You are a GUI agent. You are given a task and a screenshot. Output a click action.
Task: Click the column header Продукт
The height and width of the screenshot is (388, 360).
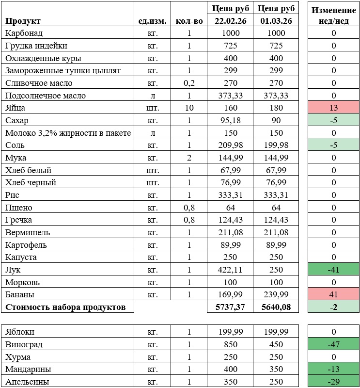click(x=23, y=21)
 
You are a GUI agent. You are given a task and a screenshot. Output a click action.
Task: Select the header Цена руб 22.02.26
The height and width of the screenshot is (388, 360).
click(x=230, y=15)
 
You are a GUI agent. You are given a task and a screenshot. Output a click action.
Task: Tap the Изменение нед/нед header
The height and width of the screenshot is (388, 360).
click(x=334, y=15)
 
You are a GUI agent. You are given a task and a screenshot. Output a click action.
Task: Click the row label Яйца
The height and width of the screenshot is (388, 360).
click(x=16, y=108)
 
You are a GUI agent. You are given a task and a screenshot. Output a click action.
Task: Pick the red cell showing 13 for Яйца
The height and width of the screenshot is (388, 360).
click(x=334, y=108)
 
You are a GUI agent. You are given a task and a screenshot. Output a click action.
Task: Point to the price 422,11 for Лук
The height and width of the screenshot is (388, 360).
click(x=230, y=270)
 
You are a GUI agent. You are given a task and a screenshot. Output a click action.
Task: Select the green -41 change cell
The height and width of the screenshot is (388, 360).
click(x=334, y=270)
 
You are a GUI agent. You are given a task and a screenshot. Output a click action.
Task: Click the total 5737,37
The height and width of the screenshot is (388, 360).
click(x=230, y=307)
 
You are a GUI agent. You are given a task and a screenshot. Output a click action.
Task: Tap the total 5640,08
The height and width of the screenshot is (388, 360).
click(x=275, y=307)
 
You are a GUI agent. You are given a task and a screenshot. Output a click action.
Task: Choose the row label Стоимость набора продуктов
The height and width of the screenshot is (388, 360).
click(x=65, y=307)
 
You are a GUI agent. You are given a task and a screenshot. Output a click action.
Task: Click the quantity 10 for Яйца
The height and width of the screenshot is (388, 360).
click(x=189, y=108)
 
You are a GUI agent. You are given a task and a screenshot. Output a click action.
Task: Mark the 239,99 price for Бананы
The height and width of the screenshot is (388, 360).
click(x=275, y=294)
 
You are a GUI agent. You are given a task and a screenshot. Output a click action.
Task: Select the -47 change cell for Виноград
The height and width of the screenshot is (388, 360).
click(x=334, y=345)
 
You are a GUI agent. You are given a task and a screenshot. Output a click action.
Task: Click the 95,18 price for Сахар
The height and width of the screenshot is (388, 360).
click(x=230, y=120)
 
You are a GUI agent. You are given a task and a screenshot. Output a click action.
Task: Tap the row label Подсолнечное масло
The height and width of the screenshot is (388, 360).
click(x=46, y=96)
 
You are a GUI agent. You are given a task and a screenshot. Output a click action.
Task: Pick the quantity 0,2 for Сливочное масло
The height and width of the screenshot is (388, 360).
click(x=189, y=83)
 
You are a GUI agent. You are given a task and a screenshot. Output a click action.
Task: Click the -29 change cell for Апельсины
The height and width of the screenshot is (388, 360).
click(x=334, y=382)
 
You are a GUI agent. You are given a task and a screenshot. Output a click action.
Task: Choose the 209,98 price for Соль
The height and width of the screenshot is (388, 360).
click(x=230, y=145)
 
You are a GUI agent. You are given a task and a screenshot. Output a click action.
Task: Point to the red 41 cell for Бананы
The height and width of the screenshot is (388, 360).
click(x=334, y=294)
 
